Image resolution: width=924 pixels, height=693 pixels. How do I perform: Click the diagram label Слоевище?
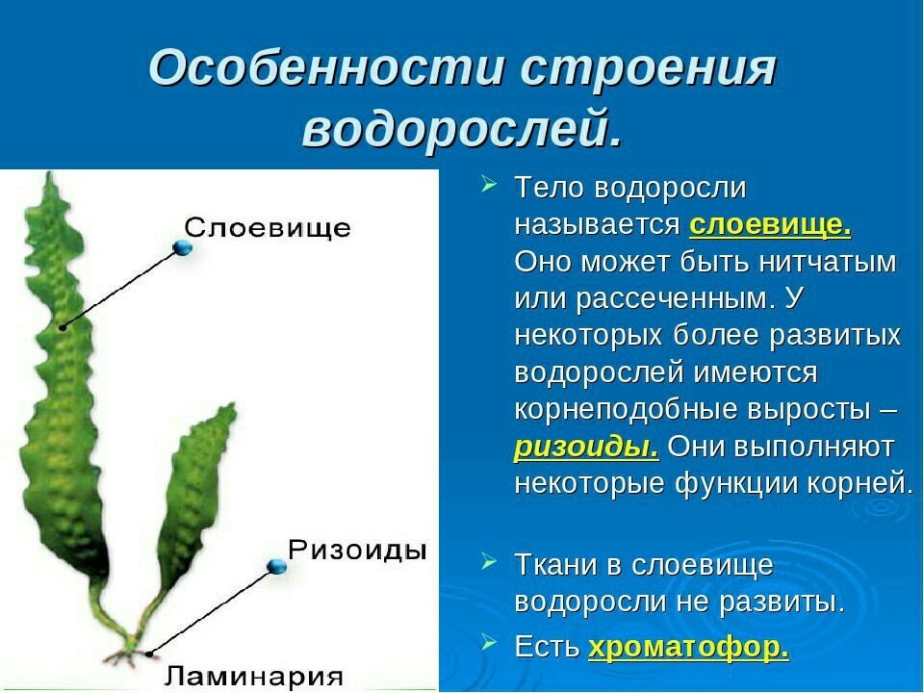tap(268, 227)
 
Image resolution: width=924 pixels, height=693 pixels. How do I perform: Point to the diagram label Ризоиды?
tap(357, 550)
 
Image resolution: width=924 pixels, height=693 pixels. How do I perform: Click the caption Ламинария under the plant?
tap(253, 676)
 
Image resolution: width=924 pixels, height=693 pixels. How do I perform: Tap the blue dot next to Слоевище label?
tap(183, 247)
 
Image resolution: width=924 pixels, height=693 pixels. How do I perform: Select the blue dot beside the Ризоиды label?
tap(276, 567)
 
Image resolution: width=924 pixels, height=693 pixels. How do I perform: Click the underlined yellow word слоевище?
tap(770, 225)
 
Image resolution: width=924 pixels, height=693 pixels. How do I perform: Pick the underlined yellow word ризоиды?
tap(587, 447)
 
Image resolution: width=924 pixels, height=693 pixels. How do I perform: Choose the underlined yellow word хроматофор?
tap(689, 647)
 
